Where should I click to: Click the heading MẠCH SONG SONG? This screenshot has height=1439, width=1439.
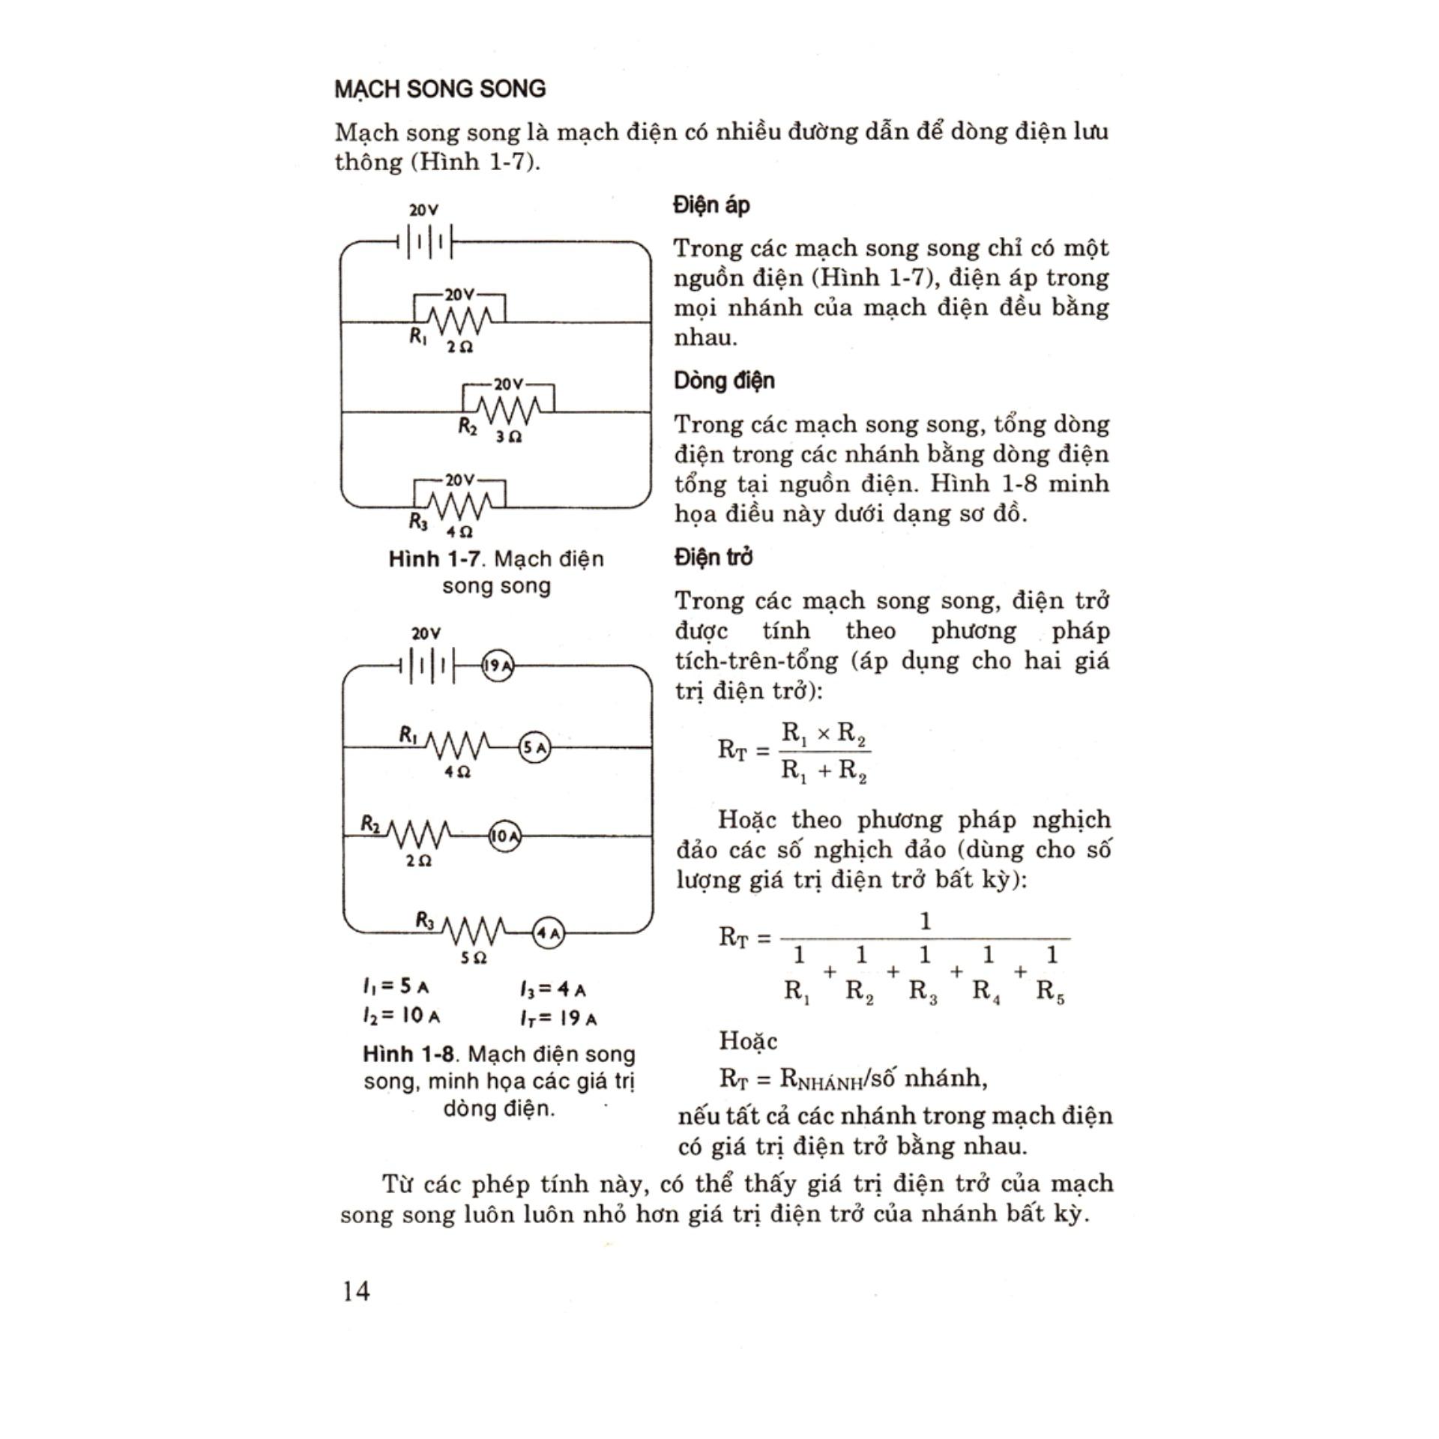pyautogui.click(x=440, y=89)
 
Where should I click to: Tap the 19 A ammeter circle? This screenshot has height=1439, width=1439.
pyautogui.click(x=497, y=666)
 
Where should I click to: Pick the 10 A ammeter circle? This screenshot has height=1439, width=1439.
pyautogui.click(x=504, y=836)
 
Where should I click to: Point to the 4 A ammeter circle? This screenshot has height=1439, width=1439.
pyautogui.click(x=548, y=933)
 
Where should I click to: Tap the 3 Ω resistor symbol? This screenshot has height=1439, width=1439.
pyautogui.click(x=508, y=411)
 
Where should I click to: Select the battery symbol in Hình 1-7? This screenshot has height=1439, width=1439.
pyautogui.click(x=426, y=242)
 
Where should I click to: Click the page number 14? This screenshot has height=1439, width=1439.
pyautogui.click(x=356, y=1291)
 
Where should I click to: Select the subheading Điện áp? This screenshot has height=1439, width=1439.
pyautogui.click(x=711, y=205)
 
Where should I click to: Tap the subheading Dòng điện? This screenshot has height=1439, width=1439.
pyautogui.click(x=724, y=381)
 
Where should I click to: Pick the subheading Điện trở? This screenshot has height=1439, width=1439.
pyautogui.click(x=713, y=558)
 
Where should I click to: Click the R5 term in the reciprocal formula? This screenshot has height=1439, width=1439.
pyautogui.click(x=1051, y=992)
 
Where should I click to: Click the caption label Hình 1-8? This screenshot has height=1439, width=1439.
pyautogui.click(x=408, y=1055)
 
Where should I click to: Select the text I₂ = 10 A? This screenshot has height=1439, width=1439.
pyautogui.click(x=401, y=1016)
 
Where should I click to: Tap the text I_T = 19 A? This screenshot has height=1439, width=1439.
pyautogui.click(x=558, y=1018)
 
